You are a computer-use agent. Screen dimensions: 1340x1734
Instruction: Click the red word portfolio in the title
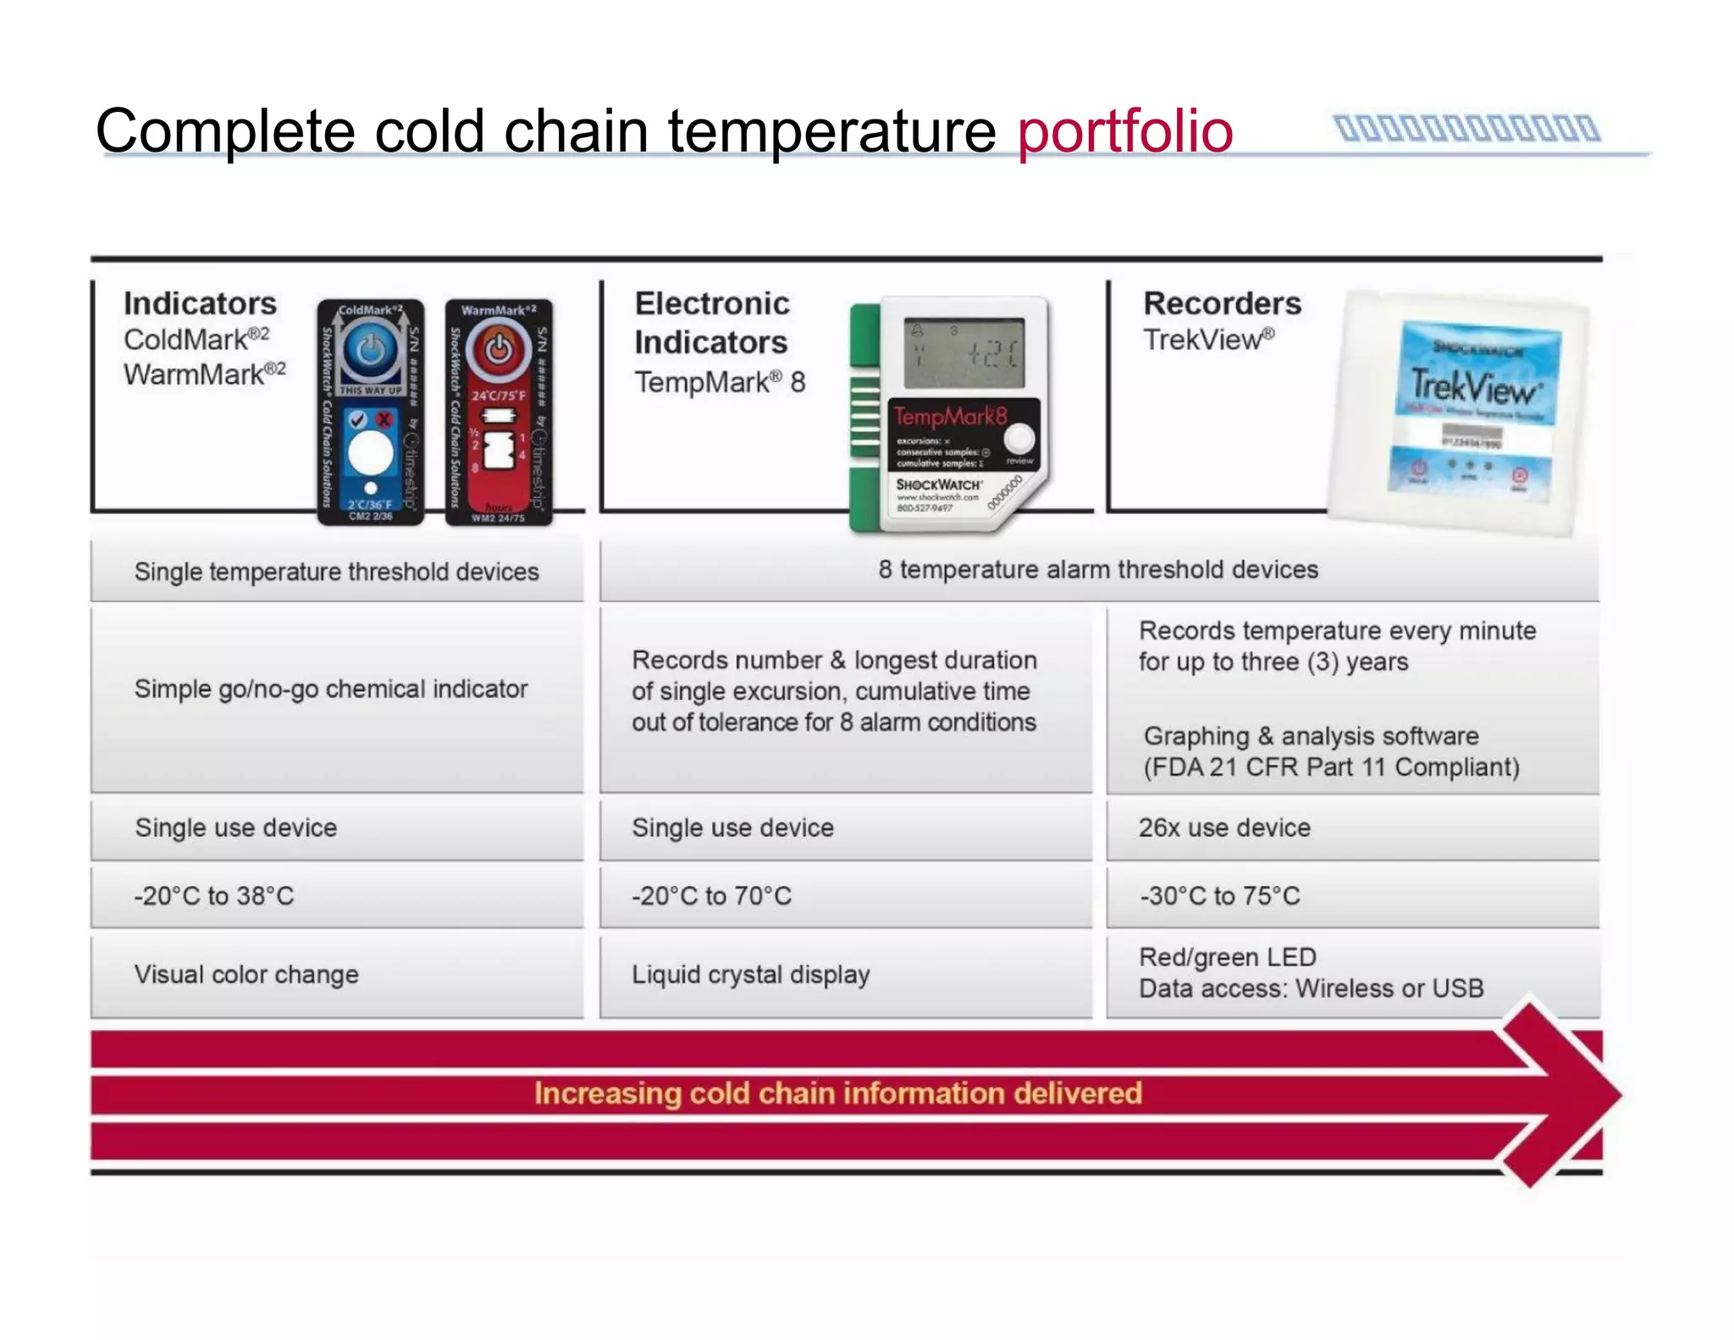[1124, 131]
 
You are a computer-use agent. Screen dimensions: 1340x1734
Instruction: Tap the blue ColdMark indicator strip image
[371, 413]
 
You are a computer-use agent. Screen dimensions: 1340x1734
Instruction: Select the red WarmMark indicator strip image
[499, 413]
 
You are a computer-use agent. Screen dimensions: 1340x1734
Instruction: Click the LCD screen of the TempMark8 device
[964, 354]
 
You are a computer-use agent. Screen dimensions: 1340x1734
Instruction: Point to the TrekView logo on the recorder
[1475, 388]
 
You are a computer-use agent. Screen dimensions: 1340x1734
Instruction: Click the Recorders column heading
[1222, 303]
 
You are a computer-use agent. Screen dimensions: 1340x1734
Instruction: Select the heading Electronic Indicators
[711, 323]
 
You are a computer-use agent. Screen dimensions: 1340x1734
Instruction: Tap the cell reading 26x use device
[1224, 828]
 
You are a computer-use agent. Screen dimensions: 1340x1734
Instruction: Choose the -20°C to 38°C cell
[214, 896]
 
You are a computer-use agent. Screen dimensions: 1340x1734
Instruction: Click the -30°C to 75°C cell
[1219, 896]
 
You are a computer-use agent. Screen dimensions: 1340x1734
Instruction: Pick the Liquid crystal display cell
[750, 975]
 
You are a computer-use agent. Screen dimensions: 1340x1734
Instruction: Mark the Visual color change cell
[246, 975]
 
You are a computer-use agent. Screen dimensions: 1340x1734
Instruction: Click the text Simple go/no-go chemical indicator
[330, 689]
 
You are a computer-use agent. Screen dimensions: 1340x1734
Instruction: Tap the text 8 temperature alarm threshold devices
[1098, 570]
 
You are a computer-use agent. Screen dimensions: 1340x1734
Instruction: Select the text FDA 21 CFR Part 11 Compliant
[1331, 767]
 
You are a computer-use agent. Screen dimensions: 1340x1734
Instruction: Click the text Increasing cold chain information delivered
[837, 1094]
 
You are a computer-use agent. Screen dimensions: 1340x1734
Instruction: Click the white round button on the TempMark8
[1019, 439]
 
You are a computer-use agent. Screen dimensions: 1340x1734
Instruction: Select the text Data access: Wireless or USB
[1311, 988]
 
